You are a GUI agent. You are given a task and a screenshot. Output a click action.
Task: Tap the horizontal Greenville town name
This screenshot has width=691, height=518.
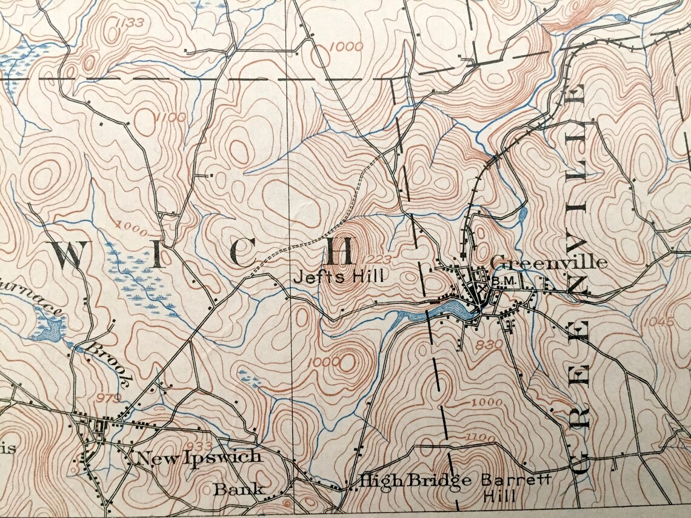pos(548,262)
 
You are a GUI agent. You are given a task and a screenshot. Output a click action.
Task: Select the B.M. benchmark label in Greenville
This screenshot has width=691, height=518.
pos(501,281)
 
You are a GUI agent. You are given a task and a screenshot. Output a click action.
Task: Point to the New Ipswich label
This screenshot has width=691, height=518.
pos(199,458)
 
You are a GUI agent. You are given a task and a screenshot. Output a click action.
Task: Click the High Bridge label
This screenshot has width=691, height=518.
pos(415,481)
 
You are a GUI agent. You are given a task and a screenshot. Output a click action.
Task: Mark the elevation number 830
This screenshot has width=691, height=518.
pos(489,344)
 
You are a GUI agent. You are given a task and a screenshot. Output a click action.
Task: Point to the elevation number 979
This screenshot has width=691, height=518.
pos(109,397)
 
